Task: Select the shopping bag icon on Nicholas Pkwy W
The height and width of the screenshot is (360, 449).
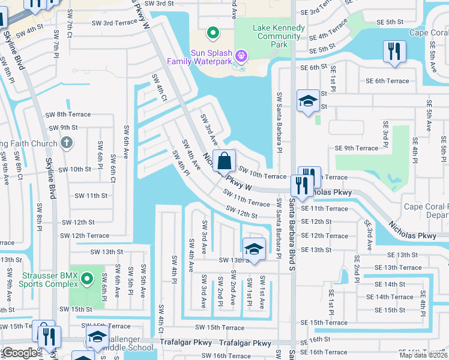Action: (x=224, y=161)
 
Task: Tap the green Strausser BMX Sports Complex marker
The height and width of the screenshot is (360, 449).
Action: (x=86, y=278)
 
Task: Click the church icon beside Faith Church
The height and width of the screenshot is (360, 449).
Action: (x=67, y=143)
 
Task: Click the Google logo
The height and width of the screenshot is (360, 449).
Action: (x=19, y=353)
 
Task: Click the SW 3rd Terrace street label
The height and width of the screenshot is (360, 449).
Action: (x=114, y=23)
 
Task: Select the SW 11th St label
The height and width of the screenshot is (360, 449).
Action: (x=91, y=196)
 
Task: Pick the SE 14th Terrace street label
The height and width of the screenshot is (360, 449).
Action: (x=394, y=296)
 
